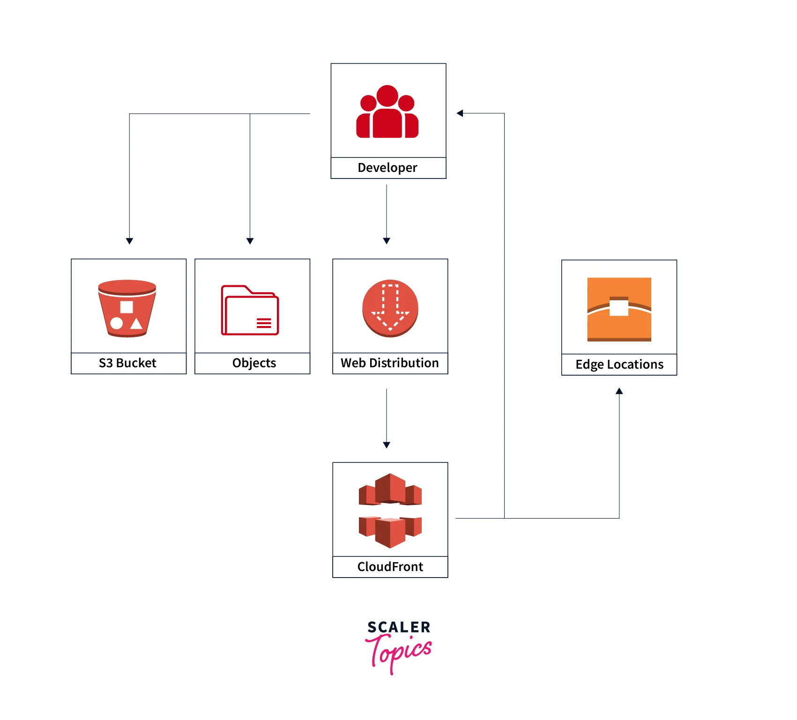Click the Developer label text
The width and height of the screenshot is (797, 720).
click(387, 168)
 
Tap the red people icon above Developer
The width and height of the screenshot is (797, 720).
click(387, 111)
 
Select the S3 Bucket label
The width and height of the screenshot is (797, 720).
click(127, 363)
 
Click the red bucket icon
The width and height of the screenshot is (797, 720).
click(127, 308)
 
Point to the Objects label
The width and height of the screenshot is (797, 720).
click(254, 364)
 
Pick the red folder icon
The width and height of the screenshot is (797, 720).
click(250, 310)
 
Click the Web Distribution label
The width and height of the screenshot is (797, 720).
click(390, 363)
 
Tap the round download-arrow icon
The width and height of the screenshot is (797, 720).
click(390, 308)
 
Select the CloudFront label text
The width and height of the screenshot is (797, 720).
click(390, 567)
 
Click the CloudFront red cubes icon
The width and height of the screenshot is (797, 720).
click(390, 511)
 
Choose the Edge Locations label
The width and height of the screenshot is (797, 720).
click(619, 364)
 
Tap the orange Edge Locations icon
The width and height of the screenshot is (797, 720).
click(619, 309)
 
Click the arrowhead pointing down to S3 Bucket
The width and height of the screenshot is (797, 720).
click(130, 241)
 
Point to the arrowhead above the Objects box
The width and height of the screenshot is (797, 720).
click(250, 241)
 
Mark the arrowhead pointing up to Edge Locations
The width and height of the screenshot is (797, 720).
click(619, 391)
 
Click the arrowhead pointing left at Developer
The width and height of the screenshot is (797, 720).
click(460, 113)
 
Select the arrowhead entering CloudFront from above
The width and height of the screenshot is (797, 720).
click(387, 445)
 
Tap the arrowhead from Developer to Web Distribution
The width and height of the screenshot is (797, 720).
click(387, 241)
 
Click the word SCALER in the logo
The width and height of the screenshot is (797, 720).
click(399, 627)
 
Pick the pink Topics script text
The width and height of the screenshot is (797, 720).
click(399, 653)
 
